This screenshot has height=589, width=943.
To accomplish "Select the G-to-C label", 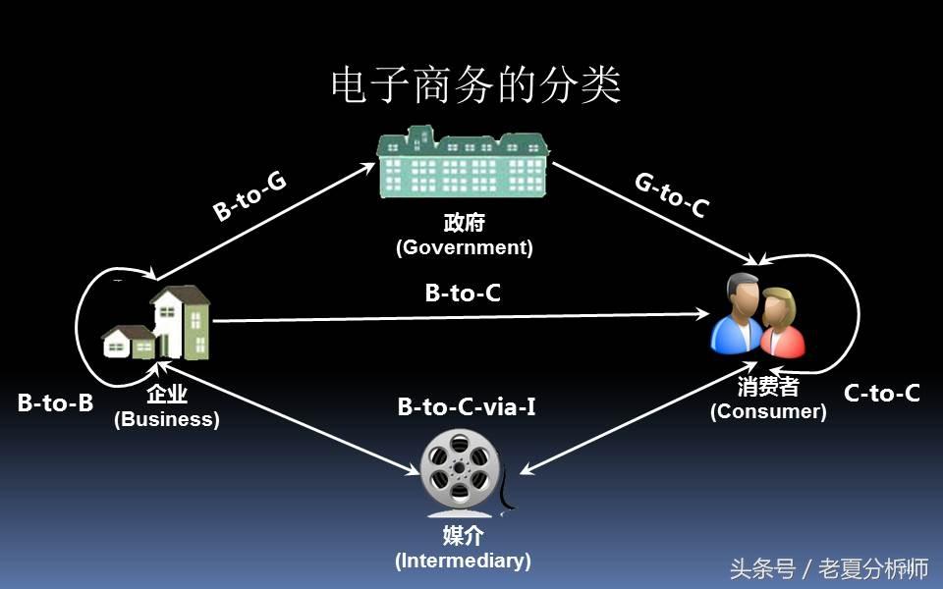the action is [672, 195].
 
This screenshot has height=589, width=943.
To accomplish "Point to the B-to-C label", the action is [463, 292].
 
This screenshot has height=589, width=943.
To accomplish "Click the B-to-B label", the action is [55, 402].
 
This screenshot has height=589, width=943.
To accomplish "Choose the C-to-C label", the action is [881, 394].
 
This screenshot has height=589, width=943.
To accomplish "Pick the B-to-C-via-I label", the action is [467, 405].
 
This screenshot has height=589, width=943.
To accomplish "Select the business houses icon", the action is [159, 324].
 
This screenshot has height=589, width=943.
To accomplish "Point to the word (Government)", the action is [464, 247].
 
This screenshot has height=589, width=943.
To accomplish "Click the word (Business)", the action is [167, 419].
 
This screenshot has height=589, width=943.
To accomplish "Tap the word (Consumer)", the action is [768, 411].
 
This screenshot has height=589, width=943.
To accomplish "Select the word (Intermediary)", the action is [463, 561].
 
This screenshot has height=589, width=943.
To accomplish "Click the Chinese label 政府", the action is [464, 224].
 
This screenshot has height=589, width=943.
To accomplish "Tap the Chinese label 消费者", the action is [768, 387].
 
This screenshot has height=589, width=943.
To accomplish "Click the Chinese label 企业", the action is [167, 396].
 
